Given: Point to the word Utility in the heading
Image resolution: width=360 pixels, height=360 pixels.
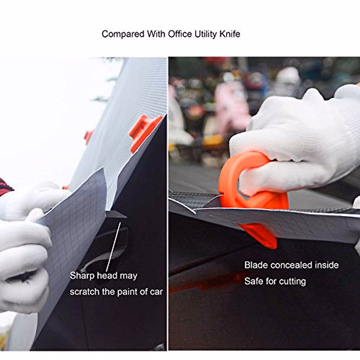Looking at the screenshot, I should point(205,34).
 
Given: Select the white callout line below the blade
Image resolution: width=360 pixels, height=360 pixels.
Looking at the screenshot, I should point(114,246).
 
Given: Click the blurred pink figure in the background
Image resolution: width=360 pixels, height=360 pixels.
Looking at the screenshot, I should point(231,105).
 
